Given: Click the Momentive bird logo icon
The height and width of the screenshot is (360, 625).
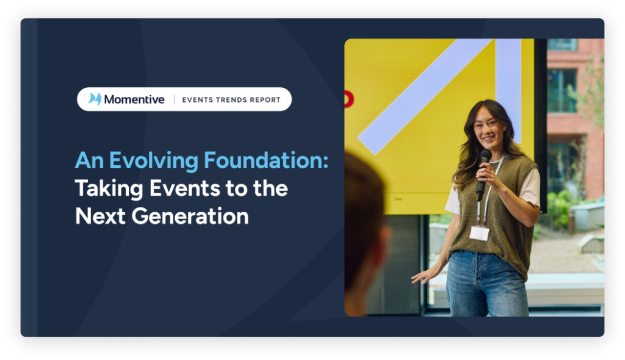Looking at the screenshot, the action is [95, 99].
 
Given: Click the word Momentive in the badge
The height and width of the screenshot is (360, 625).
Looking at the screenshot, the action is [134, 99].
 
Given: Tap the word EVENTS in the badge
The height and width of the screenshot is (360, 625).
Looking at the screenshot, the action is [197, 99].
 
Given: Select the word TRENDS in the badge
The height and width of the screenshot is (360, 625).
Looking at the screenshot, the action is [231, 99].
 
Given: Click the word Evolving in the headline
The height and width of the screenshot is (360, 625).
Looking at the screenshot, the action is [153, 161].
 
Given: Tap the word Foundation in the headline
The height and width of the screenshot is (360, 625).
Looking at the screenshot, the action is [266, 160].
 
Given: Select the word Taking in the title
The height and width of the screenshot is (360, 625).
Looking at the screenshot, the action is [109, 189].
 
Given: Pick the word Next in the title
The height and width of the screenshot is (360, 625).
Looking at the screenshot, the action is [100, 216].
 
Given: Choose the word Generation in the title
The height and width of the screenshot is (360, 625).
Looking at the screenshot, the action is [190, 216].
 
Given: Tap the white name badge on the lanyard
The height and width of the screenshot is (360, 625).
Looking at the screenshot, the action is [479, 233].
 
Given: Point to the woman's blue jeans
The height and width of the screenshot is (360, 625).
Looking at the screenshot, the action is [487, 284].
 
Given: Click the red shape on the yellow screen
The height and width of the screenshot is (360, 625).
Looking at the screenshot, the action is [349, 99].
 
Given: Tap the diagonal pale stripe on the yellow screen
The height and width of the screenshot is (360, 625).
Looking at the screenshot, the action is [425, 96].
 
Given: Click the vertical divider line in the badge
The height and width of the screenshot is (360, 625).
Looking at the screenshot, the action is [174, 99].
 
